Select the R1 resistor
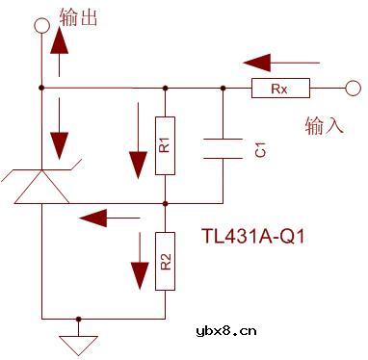pos(166,146)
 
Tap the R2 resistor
pos(166,259)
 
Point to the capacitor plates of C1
pos(223,146)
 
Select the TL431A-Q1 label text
pos(254,234)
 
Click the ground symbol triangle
pos(79,342)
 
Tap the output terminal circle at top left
pos(41,23)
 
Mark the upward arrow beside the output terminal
pos(61,48)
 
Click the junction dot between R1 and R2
pos(166,203)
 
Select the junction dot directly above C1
pos(223,89)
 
